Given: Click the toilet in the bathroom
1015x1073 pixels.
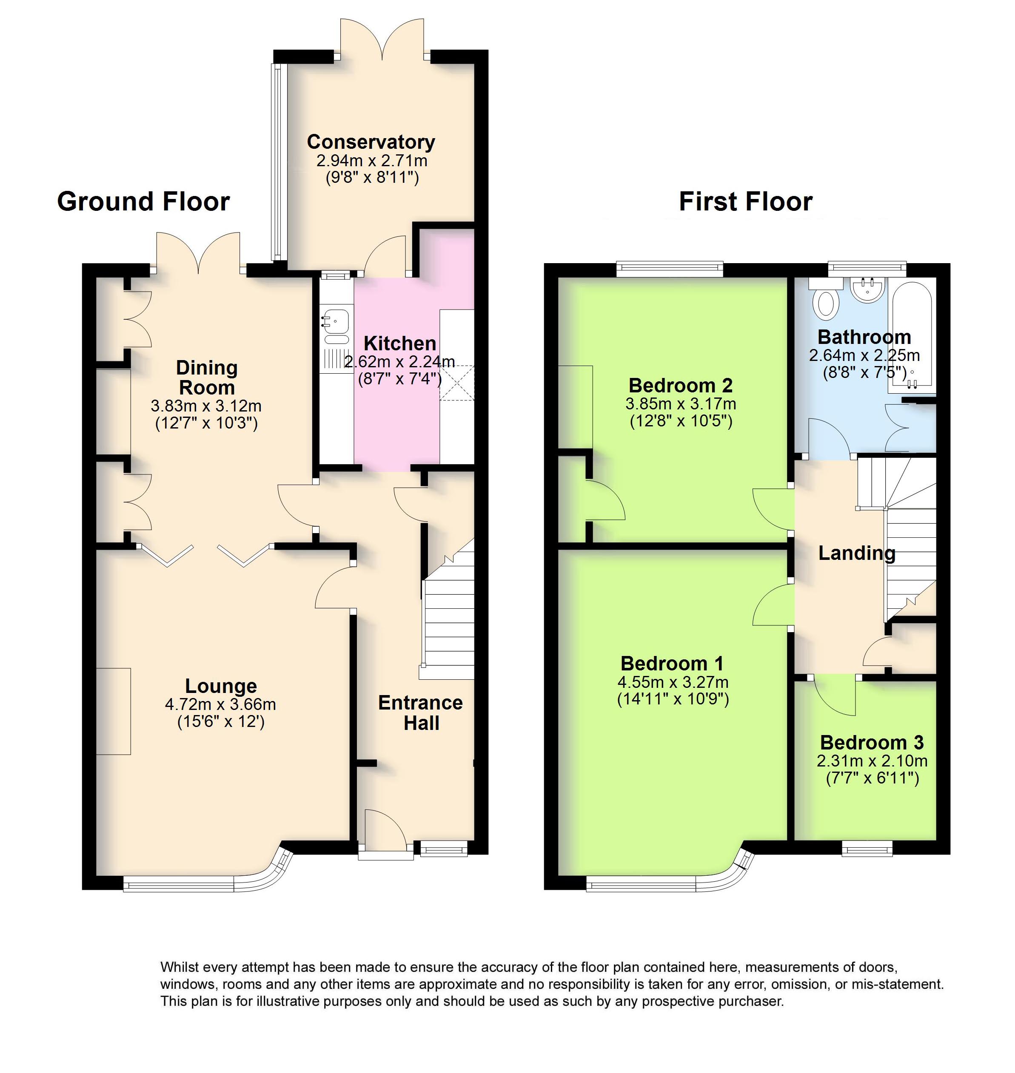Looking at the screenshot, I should [826, 303].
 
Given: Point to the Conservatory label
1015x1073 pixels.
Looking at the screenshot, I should [371, 142].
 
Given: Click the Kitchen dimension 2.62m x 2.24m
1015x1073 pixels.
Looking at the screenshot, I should [399, 361].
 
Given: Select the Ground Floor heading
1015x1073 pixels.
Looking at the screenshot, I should [143, 201].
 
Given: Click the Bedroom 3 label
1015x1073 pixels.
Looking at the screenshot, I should [872, 742].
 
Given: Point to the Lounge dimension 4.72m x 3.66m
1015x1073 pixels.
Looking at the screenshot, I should [220, 704].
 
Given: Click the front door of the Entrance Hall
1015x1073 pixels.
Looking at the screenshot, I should [385, 832].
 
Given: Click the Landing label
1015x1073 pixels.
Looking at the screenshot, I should [856, 553].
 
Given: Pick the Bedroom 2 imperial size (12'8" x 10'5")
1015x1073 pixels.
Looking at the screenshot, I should [681, 421].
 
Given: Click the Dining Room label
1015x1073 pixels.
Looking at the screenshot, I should [207, 378].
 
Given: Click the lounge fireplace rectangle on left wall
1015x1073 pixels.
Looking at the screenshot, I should [114, 711].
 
